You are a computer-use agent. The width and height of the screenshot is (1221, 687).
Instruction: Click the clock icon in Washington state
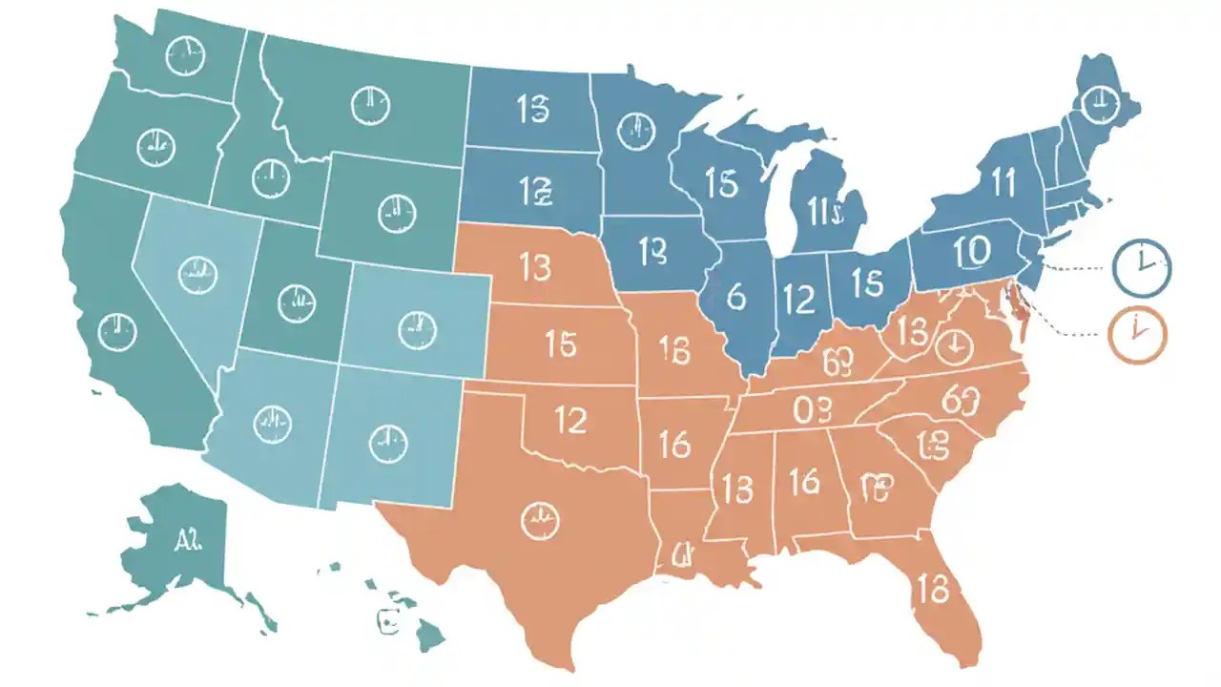[x=184, y=57]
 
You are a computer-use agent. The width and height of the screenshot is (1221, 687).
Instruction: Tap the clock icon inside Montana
[x=370, y=105]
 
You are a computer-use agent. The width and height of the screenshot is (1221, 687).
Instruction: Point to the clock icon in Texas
[x=541, y=520]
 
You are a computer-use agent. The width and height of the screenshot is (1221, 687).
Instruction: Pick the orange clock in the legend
[x=1137, y=333]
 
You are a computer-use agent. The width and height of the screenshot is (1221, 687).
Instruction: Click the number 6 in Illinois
[x=735, y=298]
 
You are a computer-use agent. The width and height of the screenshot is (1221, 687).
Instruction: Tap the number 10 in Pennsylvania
[x=971, y=250]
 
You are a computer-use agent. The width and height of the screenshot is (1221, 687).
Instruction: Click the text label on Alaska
[x=189, y=541]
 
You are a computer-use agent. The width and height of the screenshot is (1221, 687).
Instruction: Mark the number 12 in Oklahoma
[x=569, y=421]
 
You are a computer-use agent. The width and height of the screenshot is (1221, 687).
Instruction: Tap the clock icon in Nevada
[x=197, y=275]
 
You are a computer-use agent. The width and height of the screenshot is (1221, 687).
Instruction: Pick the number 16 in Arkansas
[x=674, y=444]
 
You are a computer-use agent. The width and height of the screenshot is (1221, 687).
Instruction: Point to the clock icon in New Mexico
[x=386, y=442]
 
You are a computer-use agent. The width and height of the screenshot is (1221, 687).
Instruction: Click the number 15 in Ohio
[x=867, y=282]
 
